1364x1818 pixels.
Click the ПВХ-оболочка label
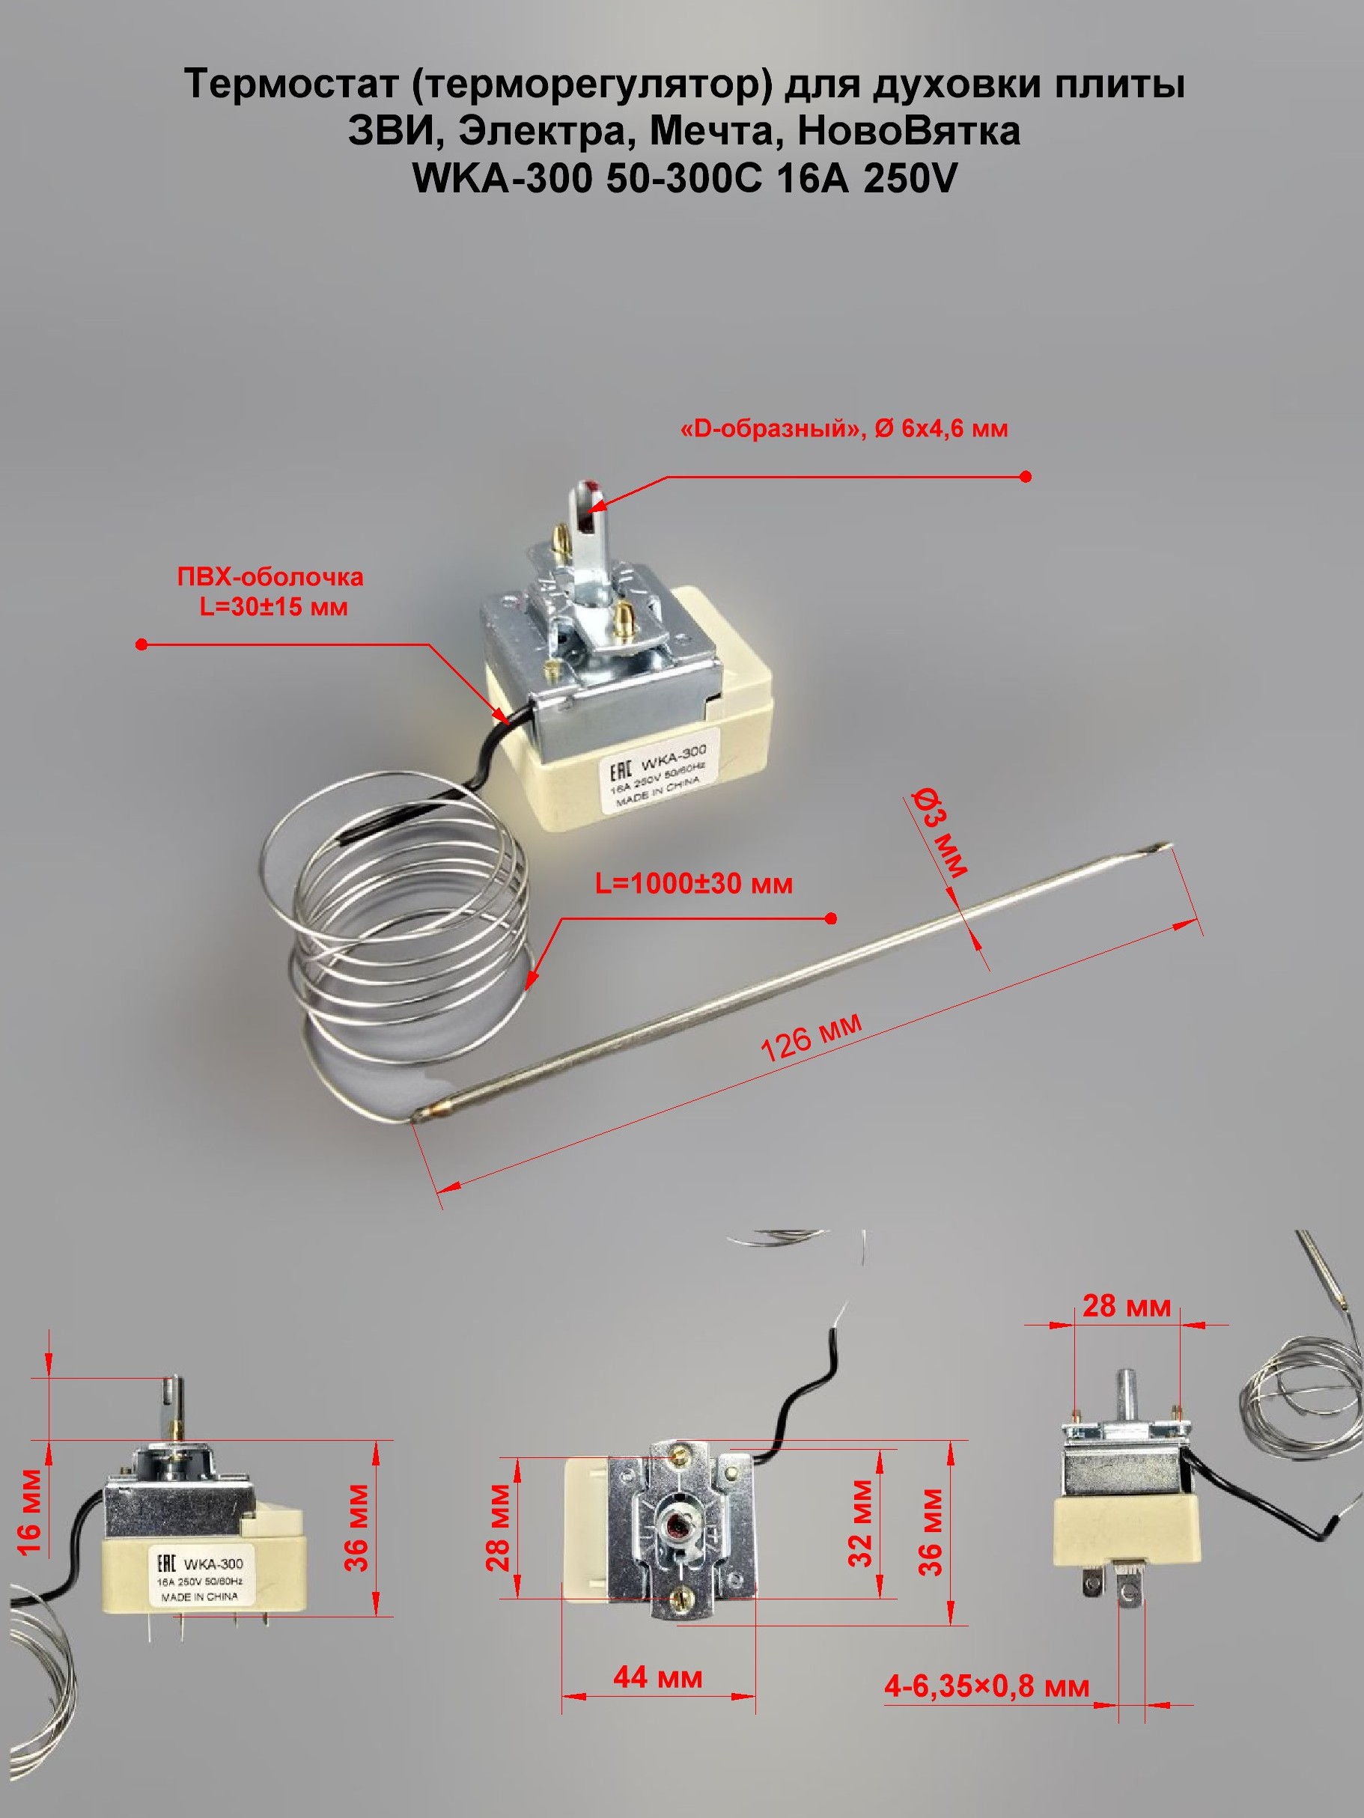270,577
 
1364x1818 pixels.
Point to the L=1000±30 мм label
694,883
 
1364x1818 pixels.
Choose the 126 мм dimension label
812,1037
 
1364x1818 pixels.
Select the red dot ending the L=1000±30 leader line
831,918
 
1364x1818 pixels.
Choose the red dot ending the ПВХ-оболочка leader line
141,645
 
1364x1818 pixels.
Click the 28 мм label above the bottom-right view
1126,1305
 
